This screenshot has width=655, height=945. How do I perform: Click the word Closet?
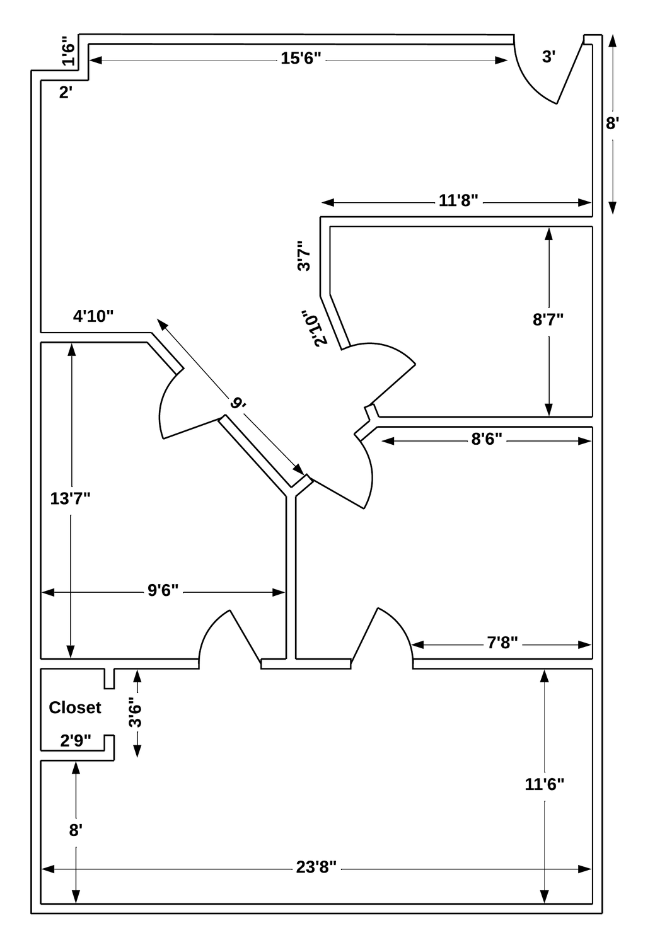(74, 707)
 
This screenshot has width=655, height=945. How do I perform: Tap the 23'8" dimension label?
(317, 869)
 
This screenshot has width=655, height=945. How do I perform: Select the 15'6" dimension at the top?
(301, 59)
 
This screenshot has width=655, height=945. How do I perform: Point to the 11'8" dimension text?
(458, 201)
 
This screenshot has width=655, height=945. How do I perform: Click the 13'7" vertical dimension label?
(70, 498)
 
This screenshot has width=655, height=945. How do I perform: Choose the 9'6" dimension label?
(163, 590)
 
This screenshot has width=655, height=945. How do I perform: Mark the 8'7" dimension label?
(548, 319)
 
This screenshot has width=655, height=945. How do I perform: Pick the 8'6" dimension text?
(487, 439)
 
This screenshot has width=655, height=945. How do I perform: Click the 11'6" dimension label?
(544, 784)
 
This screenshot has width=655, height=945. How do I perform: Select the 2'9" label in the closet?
(76, 741)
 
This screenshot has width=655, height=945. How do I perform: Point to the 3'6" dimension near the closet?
(135, 713)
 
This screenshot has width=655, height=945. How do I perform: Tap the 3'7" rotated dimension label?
(304, 256)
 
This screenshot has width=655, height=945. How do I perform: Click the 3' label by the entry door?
(549, 57)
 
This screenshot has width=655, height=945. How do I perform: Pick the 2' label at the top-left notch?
(66, 93)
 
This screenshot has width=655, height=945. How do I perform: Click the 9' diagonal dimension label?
(238, 403)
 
